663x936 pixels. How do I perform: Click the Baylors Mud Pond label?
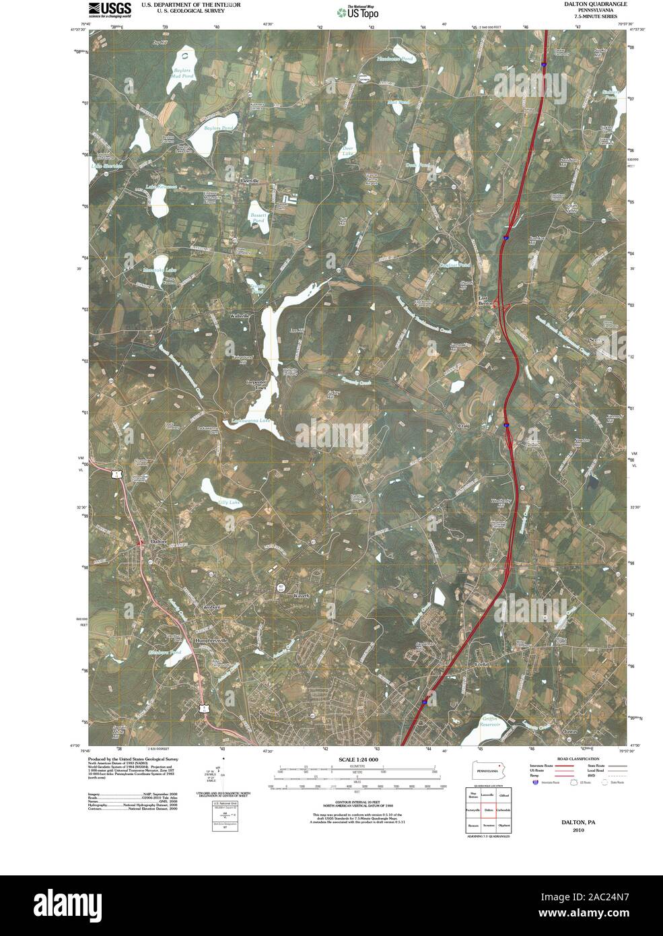tap(182, 73)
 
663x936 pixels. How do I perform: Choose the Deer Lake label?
tap(348, 152)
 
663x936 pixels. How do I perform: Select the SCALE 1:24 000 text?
tap(359, 760)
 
